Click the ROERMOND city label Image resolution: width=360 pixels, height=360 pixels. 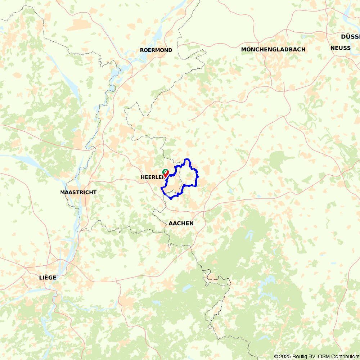156,50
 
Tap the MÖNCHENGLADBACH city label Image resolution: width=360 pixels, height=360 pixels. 273,49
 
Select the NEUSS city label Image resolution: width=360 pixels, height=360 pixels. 340,48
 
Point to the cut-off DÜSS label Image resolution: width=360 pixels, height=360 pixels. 350,37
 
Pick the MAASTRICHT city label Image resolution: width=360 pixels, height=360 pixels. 78,192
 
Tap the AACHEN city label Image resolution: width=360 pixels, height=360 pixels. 181,223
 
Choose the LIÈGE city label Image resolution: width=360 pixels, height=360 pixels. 48,278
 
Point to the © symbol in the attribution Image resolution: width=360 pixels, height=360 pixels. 276,356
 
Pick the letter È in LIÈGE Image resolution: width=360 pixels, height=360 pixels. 45,278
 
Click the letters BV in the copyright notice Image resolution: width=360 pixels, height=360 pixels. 312,356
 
